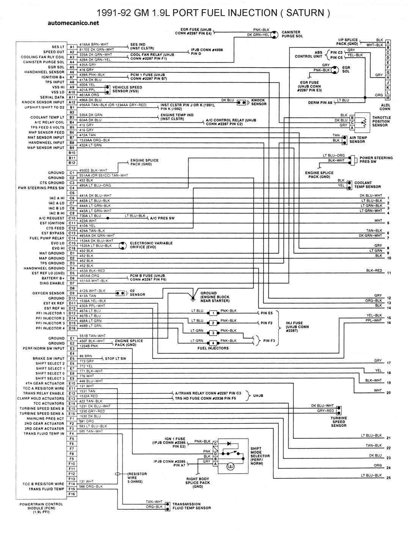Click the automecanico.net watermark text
tap(74, 23)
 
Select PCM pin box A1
tap(72, 47)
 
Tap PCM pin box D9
tap(72, 293)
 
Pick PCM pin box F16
tap(72, 494)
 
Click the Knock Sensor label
tap(259, 102)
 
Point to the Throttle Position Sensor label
tap(381, 122)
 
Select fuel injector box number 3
tap(214, 333)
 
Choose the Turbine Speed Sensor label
tap(339, 422)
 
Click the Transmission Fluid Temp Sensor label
tap(192, 506)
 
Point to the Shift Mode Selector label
tap(260, 456)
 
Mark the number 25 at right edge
tap(388, 478)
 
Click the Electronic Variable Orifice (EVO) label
tap(151, 245)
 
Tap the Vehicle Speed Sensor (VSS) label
tap(127, 89)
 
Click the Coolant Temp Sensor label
tap(367, 185)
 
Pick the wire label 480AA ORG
tap(89, 276)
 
